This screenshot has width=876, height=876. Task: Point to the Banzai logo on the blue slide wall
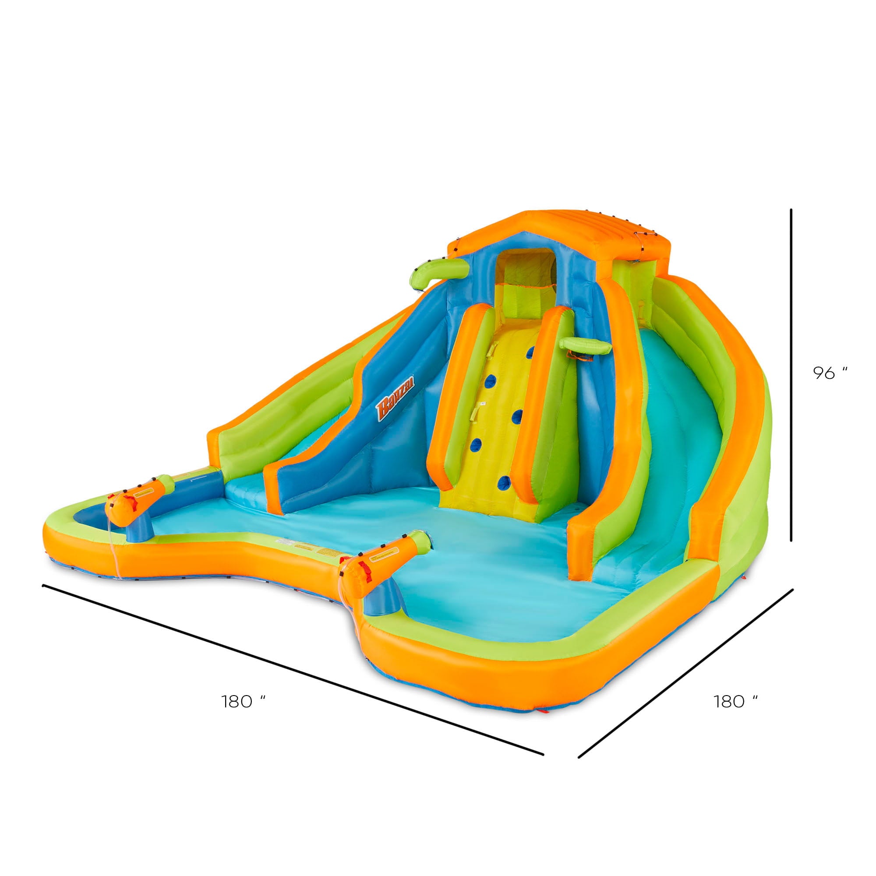395,399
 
